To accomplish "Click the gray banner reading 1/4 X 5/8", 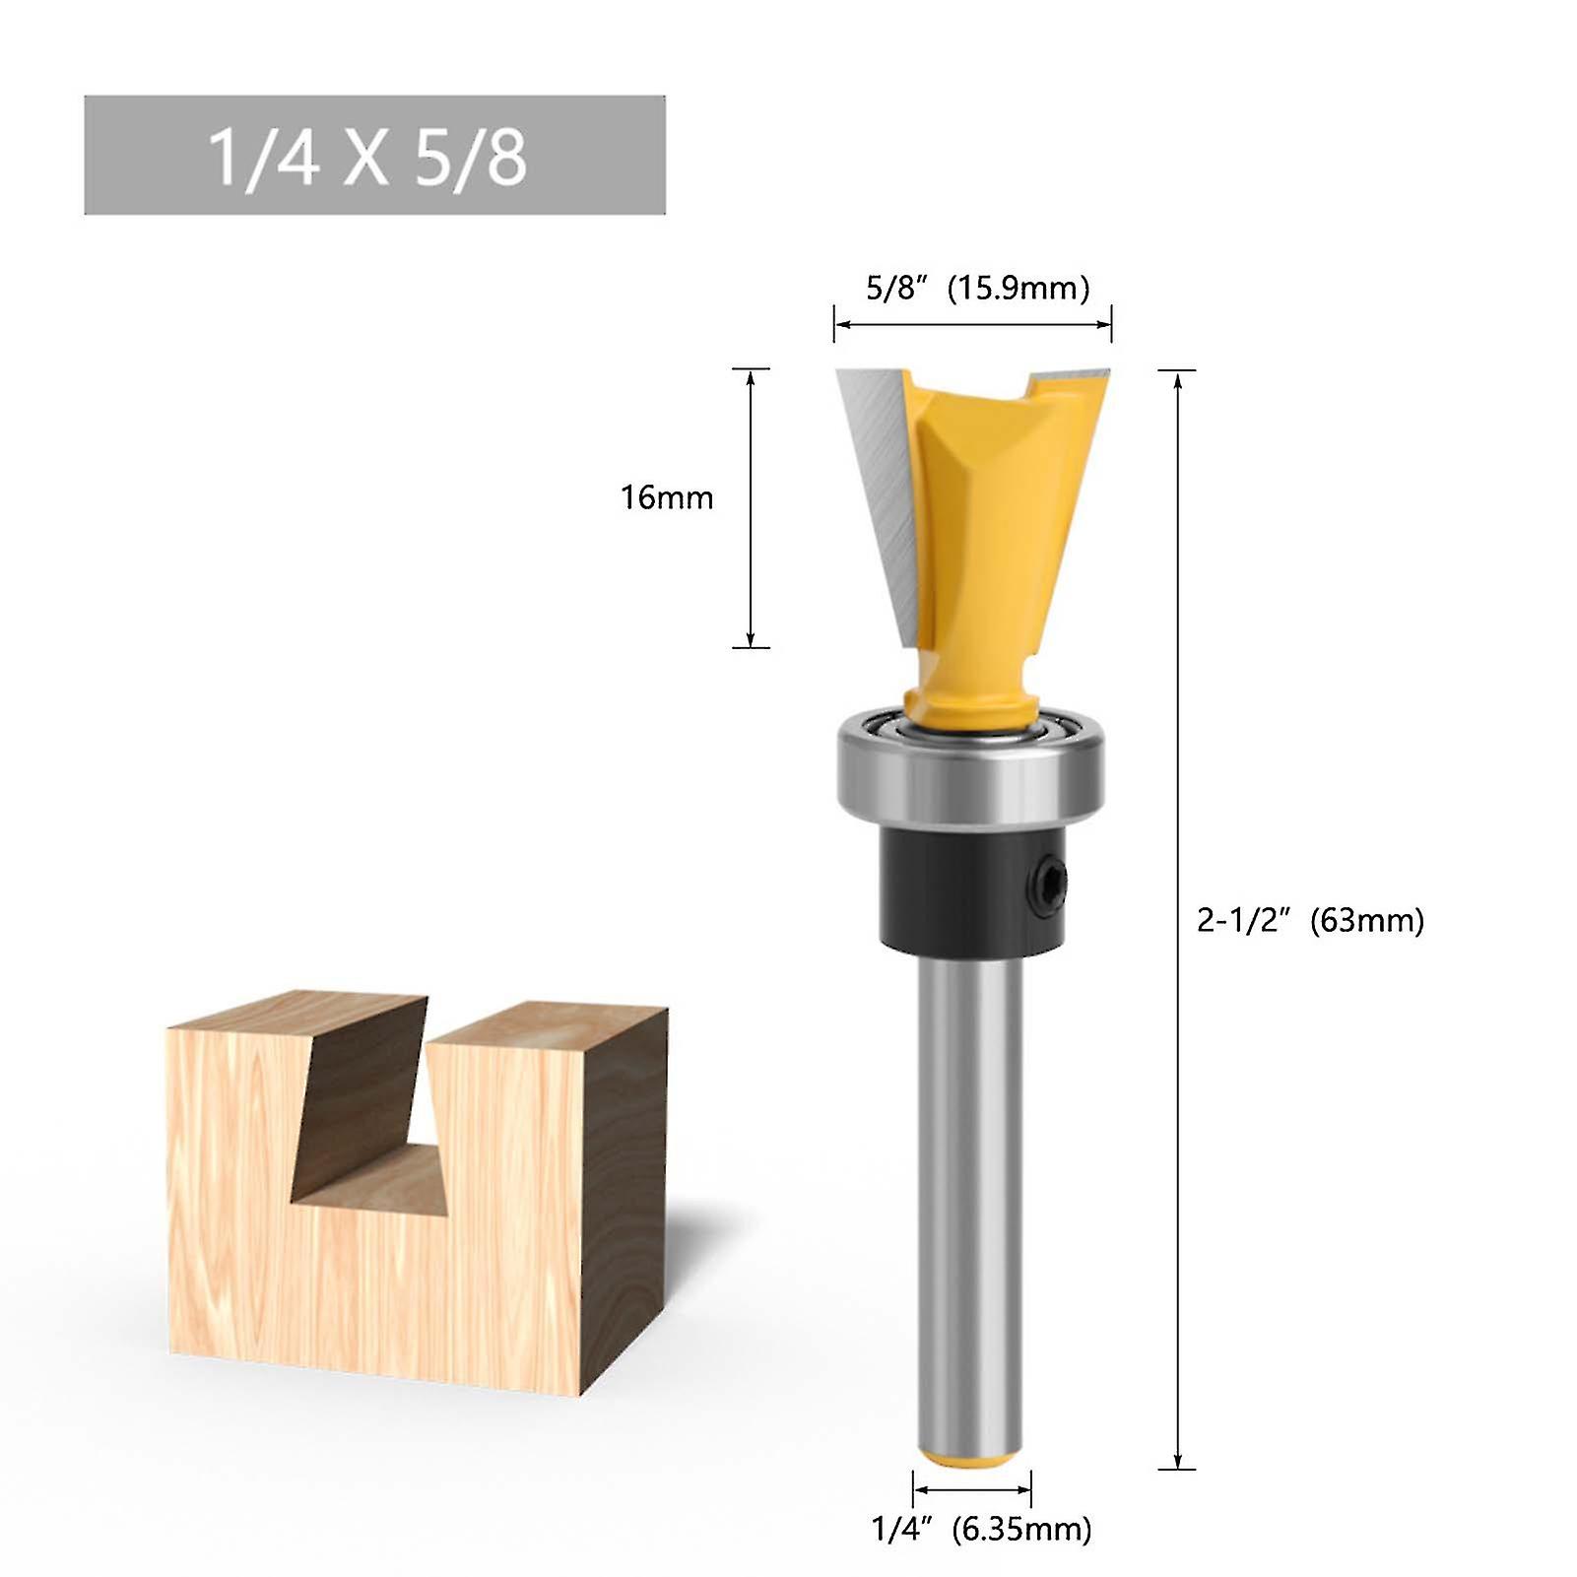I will [x=374, y=155].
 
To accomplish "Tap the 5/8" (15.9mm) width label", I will [x=977, y=289].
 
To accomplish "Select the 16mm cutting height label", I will [x=666, y=497].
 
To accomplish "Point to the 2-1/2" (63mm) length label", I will [x=1309, y=920].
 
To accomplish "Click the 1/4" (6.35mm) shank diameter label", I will [x=981, y=1529].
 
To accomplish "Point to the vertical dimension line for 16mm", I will [x=752, y=507].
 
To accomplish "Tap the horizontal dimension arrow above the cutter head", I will [x=972, y=323].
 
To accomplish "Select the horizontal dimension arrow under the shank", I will [x=971, y=1488].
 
